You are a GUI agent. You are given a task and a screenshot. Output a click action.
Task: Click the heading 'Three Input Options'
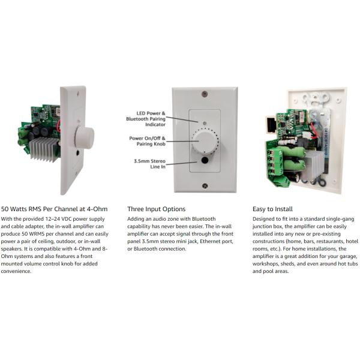[157, 209]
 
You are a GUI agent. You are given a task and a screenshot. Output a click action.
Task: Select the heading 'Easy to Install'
[272, 209]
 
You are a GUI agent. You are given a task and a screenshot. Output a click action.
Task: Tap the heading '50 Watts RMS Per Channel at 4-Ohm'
[54, 209]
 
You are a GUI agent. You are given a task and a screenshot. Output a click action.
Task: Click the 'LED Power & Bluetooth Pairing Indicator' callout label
[146, 119]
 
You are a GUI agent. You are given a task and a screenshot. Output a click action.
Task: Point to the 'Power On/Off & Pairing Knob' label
[148, 141]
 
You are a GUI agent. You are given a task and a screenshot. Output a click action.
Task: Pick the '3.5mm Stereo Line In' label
[149, 164]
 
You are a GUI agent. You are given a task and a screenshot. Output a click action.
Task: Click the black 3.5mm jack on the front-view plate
[205, 160]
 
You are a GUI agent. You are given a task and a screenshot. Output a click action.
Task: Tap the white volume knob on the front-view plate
[205, 142]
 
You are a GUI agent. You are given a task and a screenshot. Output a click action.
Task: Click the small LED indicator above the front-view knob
[205, 123]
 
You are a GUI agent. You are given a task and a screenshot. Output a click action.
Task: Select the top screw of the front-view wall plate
[205, 94]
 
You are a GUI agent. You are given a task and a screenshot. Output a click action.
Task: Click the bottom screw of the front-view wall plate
[205, 185]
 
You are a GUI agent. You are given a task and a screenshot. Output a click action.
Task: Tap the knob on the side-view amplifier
[84, 137]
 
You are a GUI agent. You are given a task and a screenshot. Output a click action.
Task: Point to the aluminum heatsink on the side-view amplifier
[43, 149]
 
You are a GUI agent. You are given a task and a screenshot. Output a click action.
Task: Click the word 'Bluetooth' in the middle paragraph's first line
[203, 219]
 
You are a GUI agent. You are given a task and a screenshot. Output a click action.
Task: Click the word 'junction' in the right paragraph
[262, 227]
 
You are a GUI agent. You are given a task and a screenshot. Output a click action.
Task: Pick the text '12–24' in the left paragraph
[54, 219]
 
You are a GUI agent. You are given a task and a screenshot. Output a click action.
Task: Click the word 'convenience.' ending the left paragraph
[16, 271]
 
